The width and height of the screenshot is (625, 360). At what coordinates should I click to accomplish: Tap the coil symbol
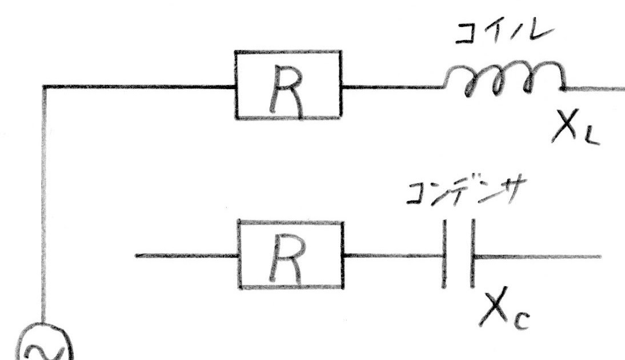(506, 80)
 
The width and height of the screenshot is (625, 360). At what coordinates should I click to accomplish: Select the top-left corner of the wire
(43, 87)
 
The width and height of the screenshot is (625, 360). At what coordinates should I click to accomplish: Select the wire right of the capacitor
(537, 257)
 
